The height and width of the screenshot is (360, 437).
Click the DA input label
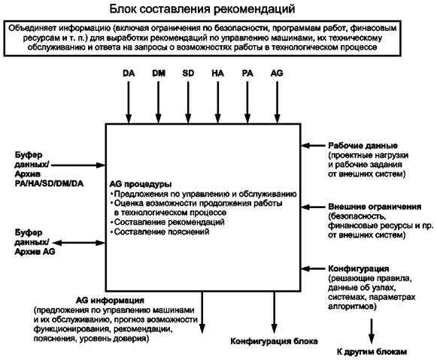(x=129, y=73)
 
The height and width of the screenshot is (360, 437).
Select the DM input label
(x=159, y=73)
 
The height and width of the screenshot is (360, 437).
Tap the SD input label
(x=188, y=73)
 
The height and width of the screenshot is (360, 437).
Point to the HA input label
(x=217, y=73)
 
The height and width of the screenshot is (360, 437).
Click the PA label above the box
(x=247, y=73)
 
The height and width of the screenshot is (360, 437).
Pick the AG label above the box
(x=277, y=73)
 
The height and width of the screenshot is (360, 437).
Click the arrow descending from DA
(x=129, y=102)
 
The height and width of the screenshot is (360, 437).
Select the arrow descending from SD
(x=188, y=102)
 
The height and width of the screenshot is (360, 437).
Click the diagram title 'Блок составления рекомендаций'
(x=202, y=9)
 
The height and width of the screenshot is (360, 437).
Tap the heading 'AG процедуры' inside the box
(x=141, y=184)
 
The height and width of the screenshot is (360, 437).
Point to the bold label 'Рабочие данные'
(x=363, y=146)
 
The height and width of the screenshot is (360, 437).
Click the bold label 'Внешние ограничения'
(x=375, y=207)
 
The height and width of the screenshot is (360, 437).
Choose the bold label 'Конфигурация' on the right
(x=359, y=268)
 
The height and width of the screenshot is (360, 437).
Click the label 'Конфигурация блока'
(x=274, y=341)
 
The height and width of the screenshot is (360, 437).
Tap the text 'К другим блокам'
(x=372, y=352)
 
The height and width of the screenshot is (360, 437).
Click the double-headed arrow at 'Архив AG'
(x=79, y=243)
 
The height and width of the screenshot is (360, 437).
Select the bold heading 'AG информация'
(x=110, y=301)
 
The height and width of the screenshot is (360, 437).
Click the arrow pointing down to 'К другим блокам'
(x=372, y=331)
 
